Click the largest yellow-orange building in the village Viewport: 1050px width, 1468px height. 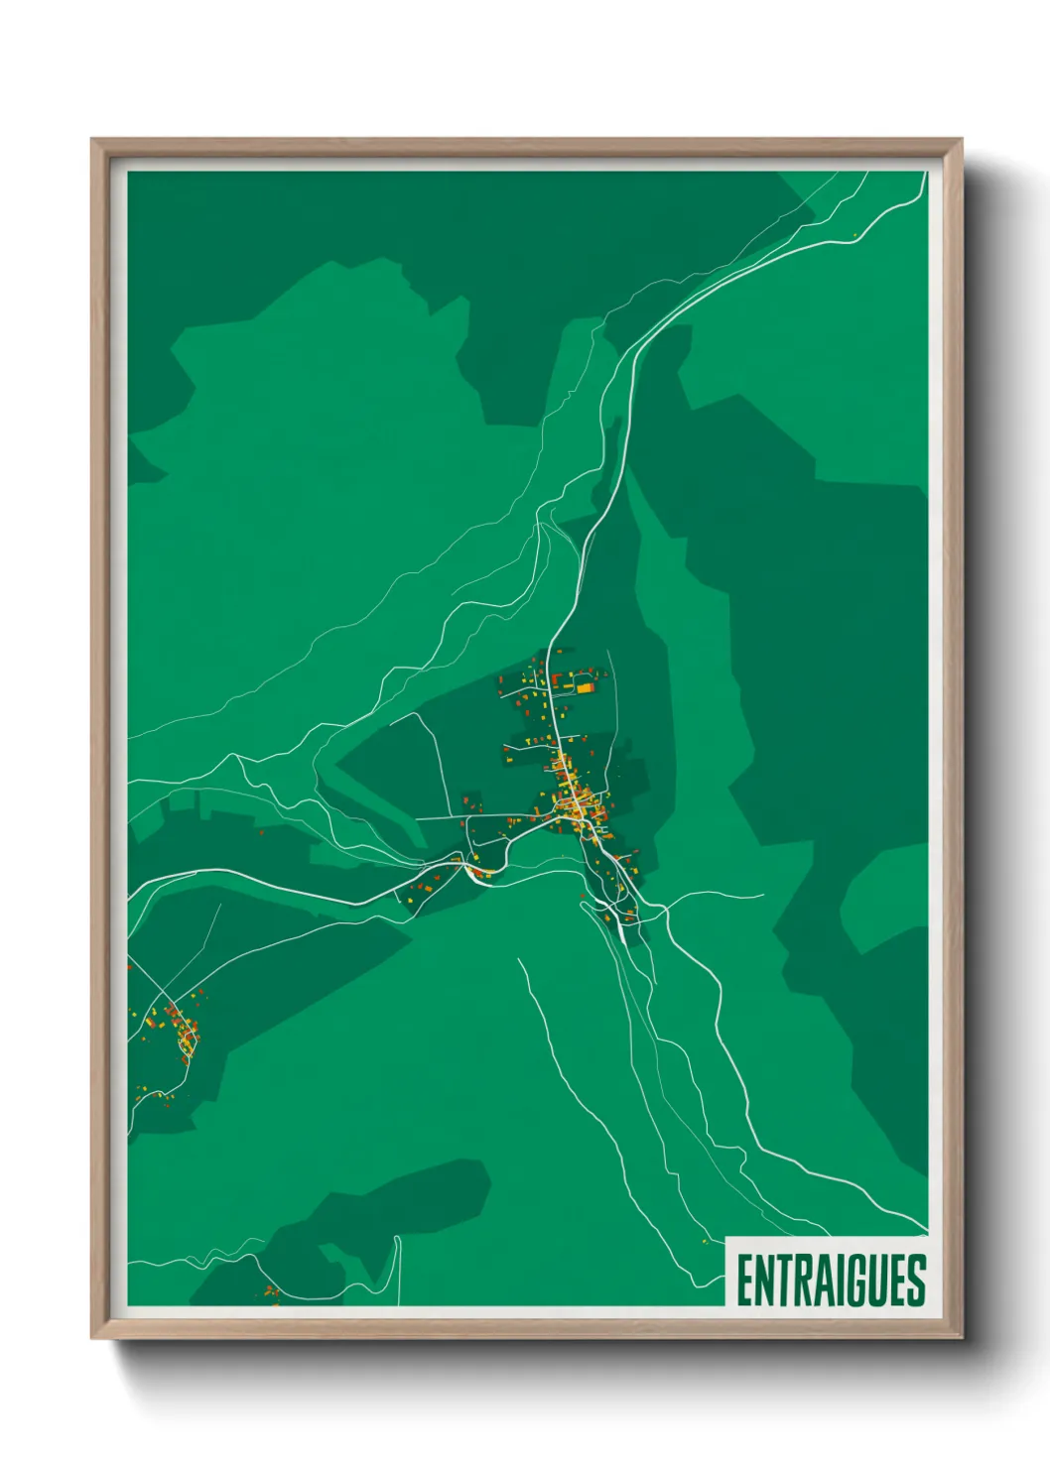pos(587,685)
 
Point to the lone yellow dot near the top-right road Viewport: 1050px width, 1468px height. pos(854,234)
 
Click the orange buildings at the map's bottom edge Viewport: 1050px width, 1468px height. pos(270,1291)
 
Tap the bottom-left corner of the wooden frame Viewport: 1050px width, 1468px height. pos(93,1337)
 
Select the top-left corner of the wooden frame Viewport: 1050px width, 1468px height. pos(93,140)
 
